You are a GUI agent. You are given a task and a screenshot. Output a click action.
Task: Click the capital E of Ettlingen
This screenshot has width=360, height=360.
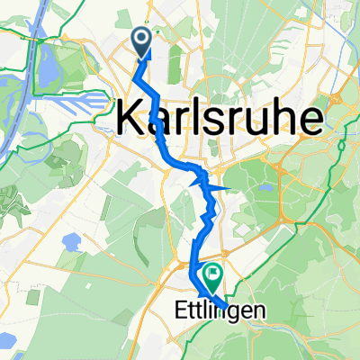(x=175, y=308)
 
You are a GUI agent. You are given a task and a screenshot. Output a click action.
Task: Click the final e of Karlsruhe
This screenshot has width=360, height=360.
(x=310, y=120)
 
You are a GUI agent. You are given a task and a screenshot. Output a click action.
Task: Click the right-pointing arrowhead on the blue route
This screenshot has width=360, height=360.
(x=226, y=187)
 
